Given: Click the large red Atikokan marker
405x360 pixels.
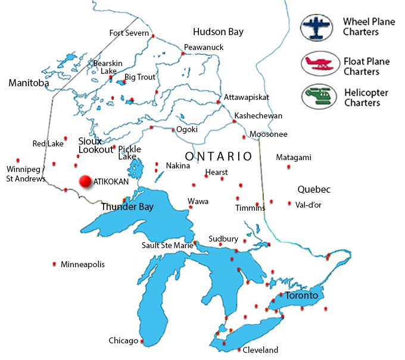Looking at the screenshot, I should point(85,181).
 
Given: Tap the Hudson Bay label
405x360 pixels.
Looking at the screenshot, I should point(219,32).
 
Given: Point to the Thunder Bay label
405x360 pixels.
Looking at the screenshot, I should point(127,207).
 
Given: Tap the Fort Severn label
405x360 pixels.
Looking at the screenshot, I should point(129,33).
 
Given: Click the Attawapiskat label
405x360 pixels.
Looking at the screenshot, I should point(247,97).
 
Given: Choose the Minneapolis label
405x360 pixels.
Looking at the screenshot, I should point(82,264).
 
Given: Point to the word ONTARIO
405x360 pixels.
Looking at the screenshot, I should point(218,156).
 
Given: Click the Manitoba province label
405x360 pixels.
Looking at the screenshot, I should point(29,83).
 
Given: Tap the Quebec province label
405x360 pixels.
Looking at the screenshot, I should point(314,189).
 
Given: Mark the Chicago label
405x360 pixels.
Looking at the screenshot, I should point(123,341).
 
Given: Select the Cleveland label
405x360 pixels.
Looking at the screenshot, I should point(261,350).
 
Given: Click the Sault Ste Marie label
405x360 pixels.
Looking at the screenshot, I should point(167,245).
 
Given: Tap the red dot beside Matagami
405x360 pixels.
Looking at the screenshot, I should point(289,167).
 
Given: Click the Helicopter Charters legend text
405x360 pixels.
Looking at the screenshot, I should point(366,98).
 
